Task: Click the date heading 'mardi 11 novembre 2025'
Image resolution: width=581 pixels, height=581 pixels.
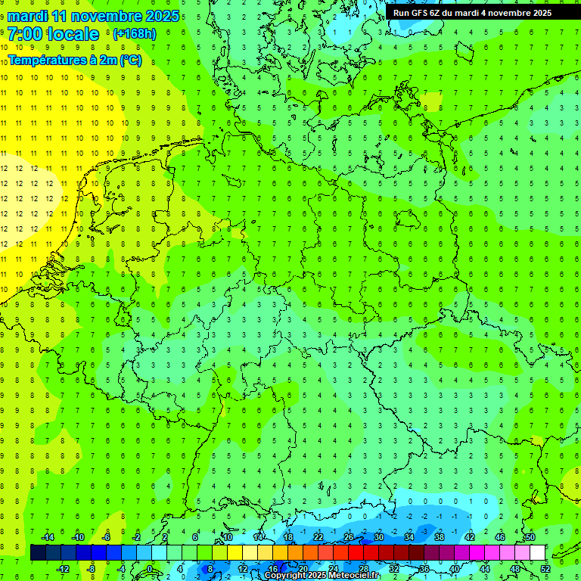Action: tap(95, 16)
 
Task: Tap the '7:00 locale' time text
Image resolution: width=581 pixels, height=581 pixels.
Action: tap(54, 34)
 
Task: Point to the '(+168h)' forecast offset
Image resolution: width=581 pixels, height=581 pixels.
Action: tap(134, 34)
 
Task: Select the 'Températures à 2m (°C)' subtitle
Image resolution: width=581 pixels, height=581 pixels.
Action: tap(75, 61)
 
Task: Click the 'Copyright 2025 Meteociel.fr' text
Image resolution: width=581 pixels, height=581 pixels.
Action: tap(322, 576)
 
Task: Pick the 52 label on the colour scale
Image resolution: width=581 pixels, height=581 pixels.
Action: tap(545, 568)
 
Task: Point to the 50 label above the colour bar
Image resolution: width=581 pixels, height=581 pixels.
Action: tap(530, 537)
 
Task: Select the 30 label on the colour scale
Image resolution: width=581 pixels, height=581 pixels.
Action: tap(378, 537)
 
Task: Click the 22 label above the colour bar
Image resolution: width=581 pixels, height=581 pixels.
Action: tap(318, 537)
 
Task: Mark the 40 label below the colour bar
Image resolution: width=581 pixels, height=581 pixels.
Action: tap(455, 568)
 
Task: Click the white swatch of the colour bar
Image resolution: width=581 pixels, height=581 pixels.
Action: tap(538, 552)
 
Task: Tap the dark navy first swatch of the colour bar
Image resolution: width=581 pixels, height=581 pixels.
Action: tap(38, 552)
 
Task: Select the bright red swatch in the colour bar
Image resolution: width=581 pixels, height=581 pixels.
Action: tap(356, 552)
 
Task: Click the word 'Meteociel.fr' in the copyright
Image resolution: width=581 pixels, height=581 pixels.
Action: tap(349, 576)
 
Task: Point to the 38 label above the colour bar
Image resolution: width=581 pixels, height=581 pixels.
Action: tap(440, 537)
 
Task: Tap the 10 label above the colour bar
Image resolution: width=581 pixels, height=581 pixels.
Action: tap(227, 537)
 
